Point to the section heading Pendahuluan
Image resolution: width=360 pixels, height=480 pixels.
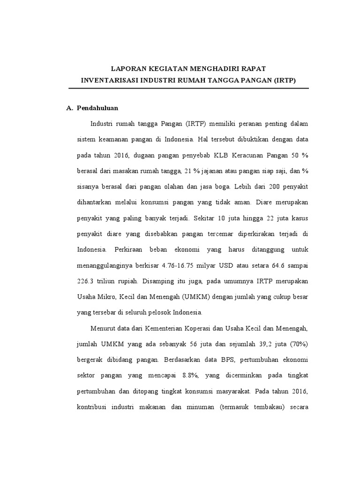tap(97, 108)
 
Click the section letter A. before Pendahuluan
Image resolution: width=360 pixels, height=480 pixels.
tap(70, 108)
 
